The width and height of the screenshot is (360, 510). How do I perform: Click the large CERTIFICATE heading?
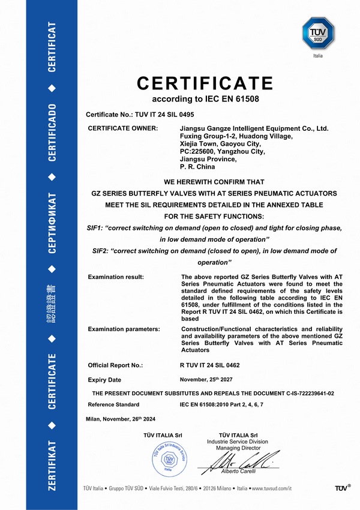point(205,83)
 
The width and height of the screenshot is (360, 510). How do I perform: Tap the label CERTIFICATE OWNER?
point(123,128)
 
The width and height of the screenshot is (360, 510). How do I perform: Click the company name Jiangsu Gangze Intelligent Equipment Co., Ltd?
point(254,128)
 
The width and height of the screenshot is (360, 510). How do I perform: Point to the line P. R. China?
point(199,167)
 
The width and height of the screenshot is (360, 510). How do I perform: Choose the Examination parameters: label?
point(124,329)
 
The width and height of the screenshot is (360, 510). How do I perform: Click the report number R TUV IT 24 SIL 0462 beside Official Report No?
point(218,365)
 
